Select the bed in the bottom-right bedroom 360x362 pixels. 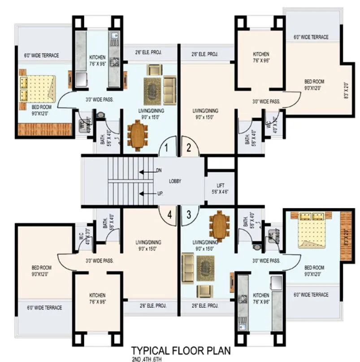(x=313, y=228)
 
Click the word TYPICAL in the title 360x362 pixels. (x=152, y=350)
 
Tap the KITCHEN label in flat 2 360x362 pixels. (x=260, y=57)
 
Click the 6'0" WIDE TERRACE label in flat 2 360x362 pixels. (x=311, y=37)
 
